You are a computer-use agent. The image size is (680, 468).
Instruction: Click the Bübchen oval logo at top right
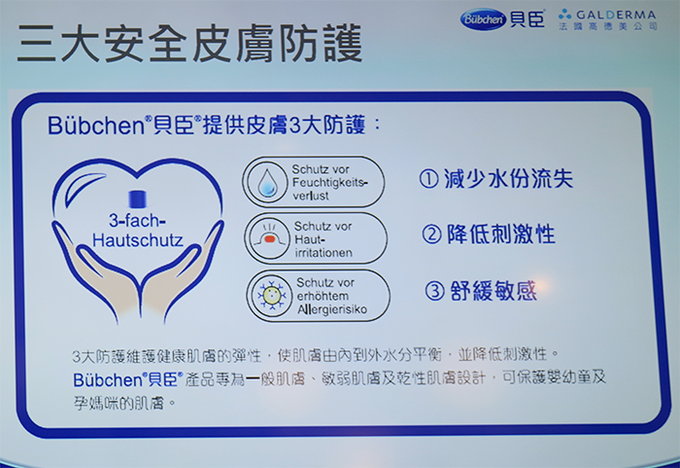coord(483,19)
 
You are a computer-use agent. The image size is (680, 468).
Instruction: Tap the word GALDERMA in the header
coord(616,15)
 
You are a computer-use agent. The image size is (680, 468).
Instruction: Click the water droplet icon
coord(267,182)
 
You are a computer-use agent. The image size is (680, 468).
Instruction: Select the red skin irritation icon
coord(269,238)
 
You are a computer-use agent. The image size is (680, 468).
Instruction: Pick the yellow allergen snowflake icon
coord(272,296)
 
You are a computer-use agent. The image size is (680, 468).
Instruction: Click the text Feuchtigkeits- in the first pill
coord(330,183)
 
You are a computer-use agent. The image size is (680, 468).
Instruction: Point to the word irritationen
coord(323,252)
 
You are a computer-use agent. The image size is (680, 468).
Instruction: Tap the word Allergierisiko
coord(332,309)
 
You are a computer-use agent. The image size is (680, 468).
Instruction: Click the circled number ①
coord(428,179)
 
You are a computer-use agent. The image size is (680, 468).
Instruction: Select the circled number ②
coord(431,234)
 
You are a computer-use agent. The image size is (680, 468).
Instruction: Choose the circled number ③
coord(434,291)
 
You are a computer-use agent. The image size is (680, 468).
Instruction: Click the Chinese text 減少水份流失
coord(508,179)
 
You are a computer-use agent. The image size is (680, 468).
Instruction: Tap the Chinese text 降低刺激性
coord(501,234)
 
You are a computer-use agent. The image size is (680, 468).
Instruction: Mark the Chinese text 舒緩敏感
coord(493,291)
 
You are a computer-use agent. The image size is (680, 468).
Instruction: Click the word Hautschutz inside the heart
coord(138,240)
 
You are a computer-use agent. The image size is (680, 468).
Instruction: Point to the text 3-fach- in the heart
coord(137,220)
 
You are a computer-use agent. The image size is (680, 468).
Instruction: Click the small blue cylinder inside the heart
coord(138,198)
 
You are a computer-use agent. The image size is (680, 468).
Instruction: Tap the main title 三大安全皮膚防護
coord(190,44)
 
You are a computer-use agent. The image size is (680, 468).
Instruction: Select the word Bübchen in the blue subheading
coord(96,126)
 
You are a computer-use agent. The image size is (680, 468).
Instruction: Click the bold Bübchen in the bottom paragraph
coord(108,379)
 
